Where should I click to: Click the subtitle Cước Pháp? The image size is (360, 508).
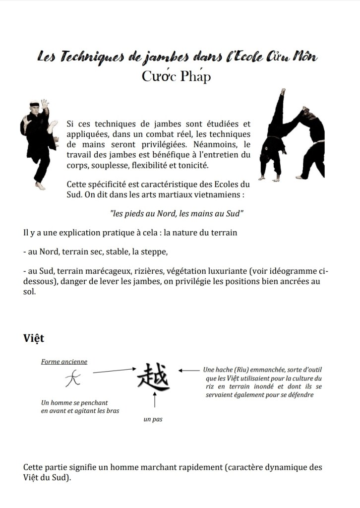(x=176, y=76)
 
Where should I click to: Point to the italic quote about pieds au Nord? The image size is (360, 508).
(x=177, y=213)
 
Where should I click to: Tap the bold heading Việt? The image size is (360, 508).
(x=34, y=338)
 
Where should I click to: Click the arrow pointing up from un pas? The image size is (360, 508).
(x=156, y=399)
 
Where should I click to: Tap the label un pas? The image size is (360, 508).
(x=153, y=420)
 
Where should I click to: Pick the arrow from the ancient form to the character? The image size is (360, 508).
(x=115, y=370)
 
